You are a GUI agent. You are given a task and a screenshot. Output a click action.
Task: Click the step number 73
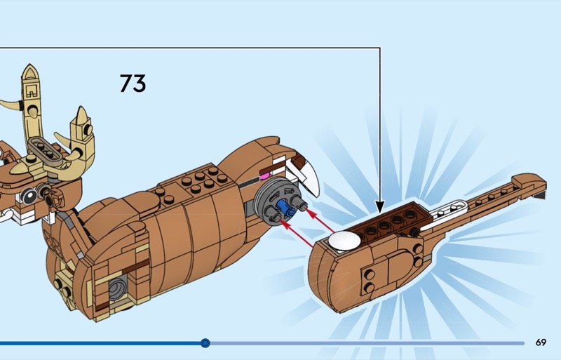[133, 83]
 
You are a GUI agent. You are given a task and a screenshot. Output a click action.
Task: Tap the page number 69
[541, 342]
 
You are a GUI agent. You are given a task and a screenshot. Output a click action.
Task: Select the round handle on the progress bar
[205, 343]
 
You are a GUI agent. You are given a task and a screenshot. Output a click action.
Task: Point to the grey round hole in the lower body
[118, 286]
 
